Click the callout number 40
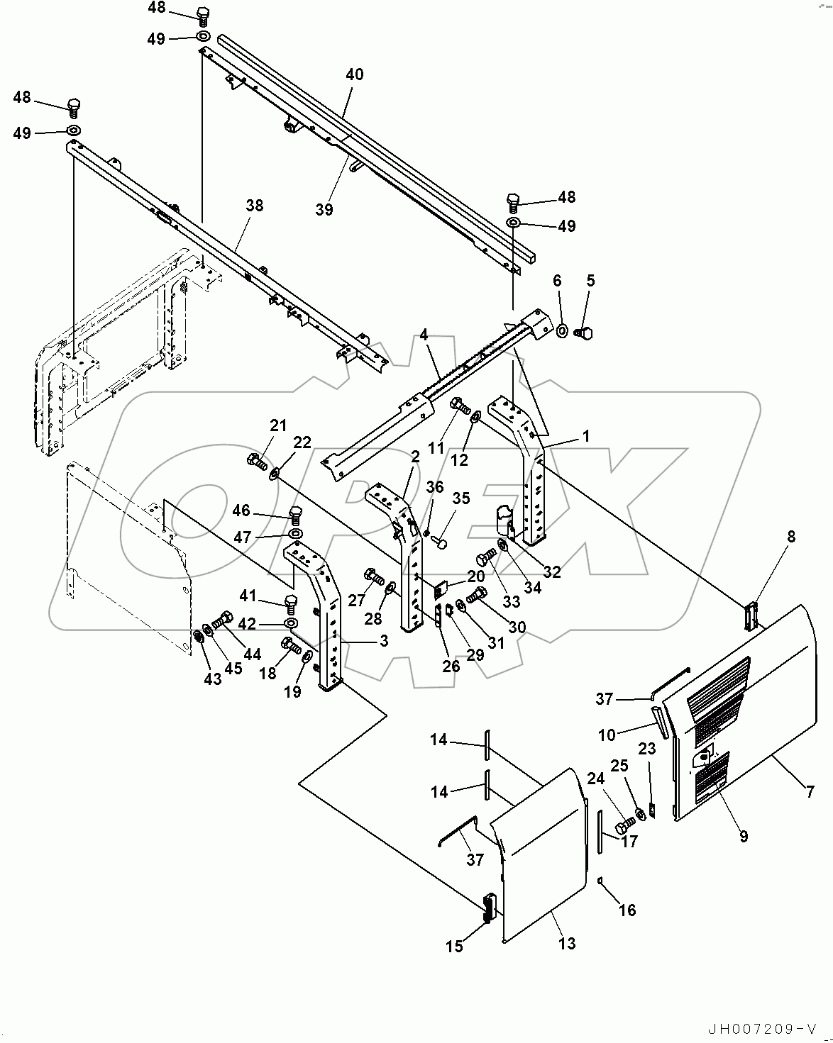click(x=354, y=74)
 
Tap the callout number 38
click(x=254, y=206)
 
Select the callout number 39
click(x=324, y=210)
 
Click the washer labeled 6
click(x=561, y=330)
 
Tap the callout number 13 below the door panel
click(x=566, y=944)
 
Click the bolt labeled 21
click(x=256, y=462)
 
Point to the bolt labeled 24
click(x=623, y=826)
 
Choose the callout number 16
click(x=627, y=910)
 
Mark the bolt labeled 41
click(x=290, y=602)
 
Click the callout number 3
click(x=383, y=641)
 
